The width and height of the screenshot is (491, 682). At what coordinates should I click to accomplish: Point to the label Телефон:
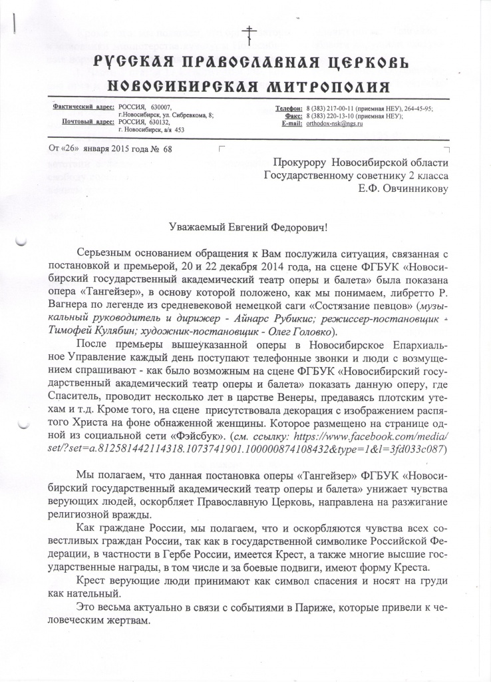point(289,108)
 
